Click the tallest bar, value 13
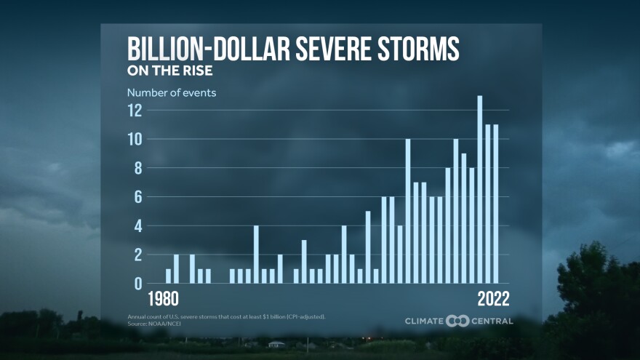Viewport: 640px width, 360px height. [x=480, y=189]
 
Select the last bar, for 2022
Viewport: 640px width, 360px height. [x=496, y=204]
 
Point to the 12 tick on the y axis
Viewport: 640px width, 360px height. [x=134, y=111]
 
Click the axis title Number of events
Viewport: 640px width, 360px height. [x=172, y=92]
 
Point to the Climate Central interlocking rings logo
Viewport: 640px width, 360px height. [x=457, y=321]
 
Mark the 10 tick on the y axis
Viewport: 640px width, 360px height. [x=134, y=139]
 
